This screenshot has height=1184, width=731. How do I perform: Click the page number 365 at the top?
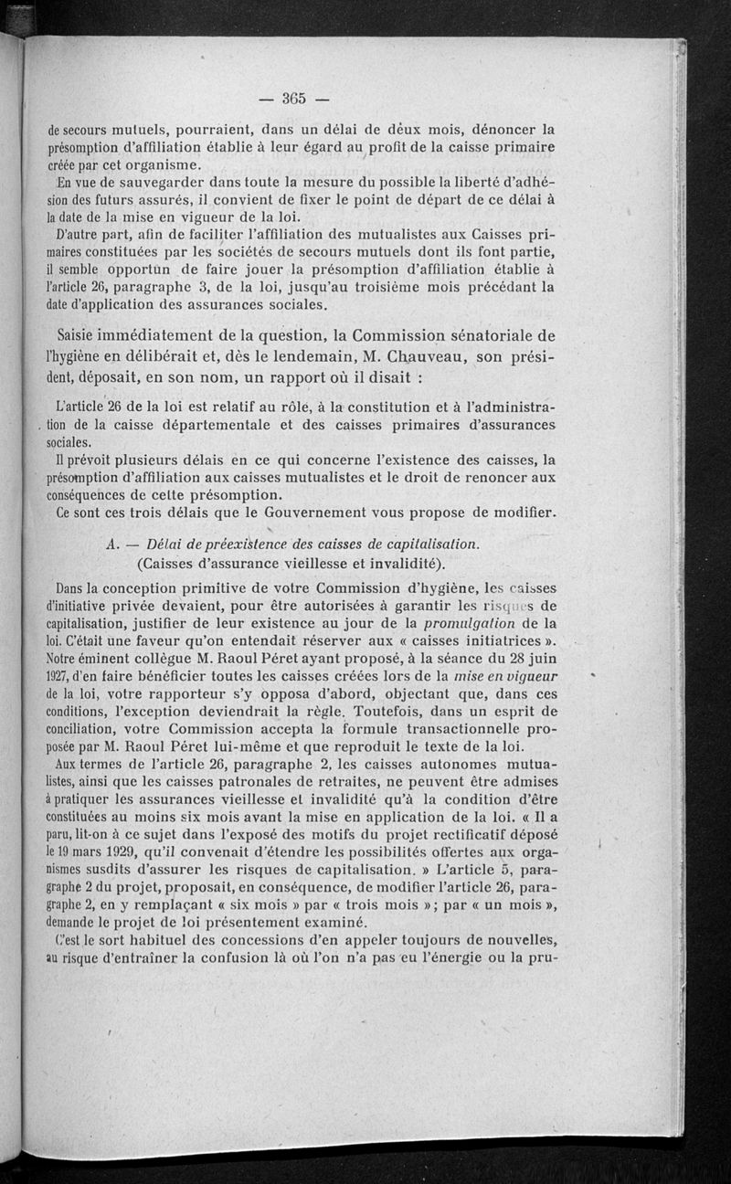293,97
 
